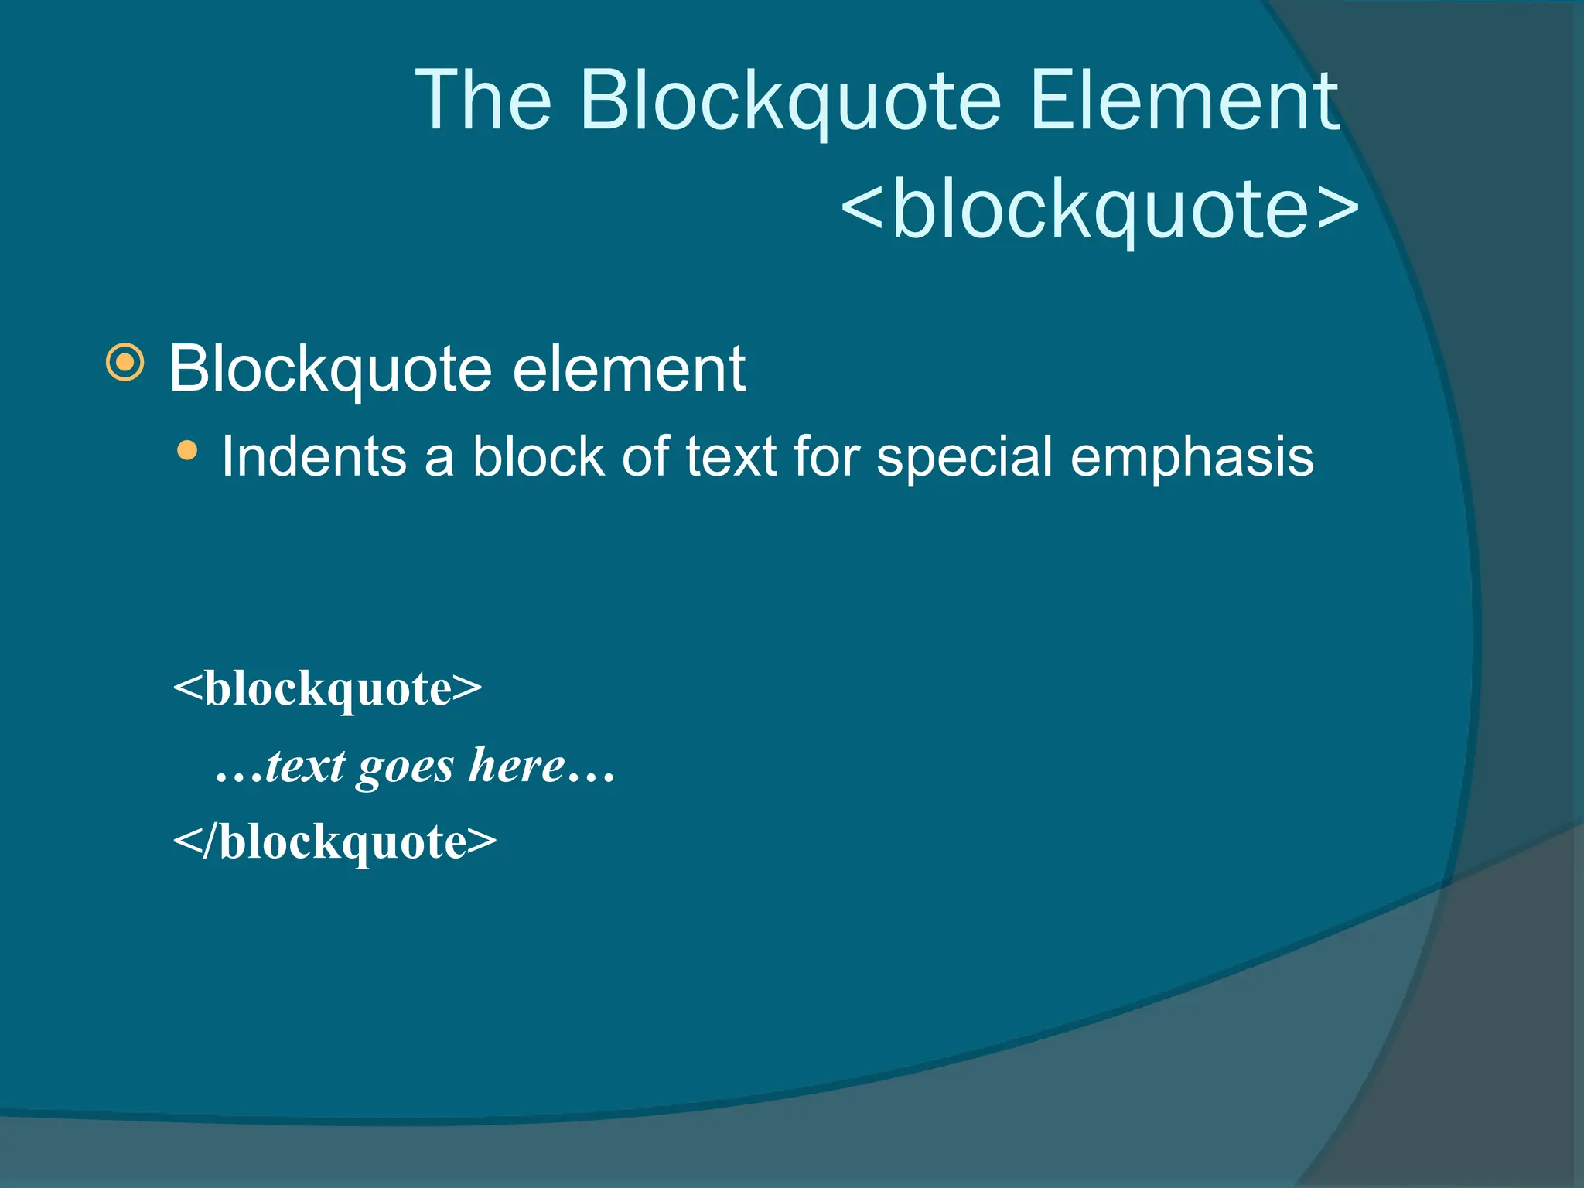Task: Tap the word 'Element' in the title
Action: click(x=1183, y=101)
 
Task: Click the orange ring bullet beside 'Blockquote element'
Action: click(x=125, y=362)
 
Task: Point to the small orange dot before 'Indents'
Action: click(x=187, y=450)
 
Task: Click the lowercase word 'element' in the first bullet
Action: click(x=629, y=369)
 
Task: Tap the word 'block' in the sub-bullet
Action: click(x=538, y=456)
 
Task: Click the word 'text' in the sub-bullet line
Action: click(x=731, y=456)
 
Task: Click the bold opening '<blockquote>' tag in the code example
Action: click(x=327, y=688)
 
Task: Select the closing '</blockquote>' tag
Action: click(x=334, y=841)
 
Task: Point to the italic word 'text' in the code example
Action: click(x=305, y=766)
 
